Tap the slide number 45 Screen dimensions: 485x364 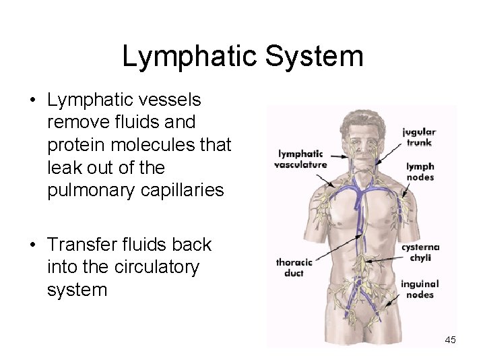pos(450,340)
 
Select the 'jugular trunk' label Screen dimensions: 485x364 pos(419,137)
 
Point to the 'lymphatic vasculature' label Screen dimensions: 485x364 pos(300,159)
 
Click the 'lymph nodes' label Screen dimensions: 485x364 pos(420,172)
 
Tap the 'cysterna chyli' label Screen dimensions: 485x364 pos(420,253)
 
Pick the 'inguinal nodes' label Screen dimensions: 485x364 pos(419,289)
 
